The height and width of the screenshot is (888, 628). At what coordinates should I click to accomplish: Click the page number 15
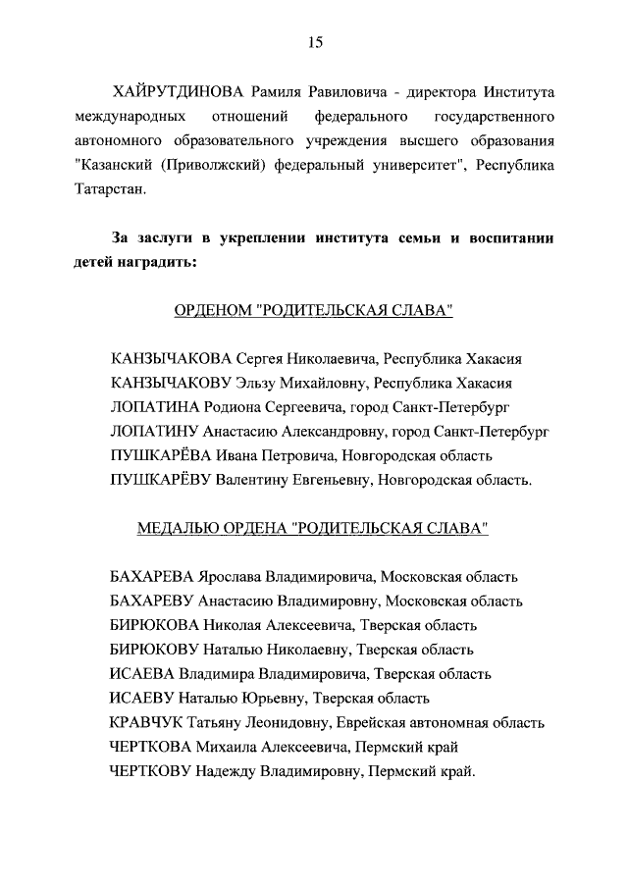314,42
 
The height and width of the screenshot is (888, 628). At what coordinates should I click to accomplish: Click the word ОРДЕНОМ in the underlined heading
211,311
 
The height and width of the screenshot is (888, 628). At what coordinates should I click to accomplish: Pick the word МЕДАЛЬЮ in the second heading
178,528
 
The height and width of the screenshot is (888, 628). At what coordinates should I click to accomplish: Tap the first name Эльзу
260,383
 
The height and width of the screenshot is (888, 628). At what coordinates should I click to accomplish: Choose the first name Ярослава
232,576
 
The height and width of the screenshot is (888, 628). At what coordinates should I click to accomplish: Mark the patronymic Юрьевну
276,698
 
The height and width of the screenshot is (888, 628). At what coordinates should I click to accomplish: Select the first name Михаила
228,747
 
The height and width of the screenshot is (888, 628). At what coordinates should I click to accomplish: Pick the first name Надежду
234,771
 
